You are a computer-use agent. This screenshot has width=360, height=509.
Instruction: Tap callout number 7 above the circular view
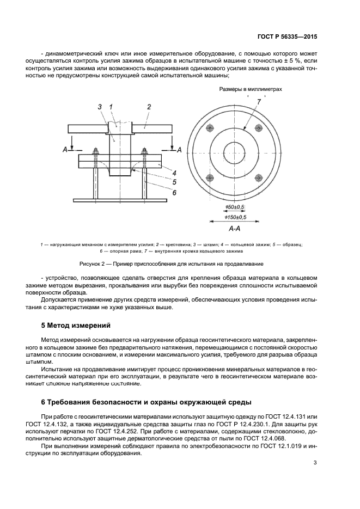pos(259,101)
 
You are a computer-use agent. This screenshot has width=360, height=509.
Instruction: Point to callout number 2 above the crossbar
pos(148,107)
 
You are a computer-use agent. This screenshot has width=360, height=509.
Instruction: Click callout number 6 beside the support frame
pos(174,192)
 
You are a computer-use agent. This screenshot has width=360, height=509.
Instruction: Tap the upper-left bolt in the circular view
pos(210,128)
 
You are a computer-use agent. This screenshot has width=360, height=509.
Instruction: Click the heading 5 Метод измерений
pos(76,326)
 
